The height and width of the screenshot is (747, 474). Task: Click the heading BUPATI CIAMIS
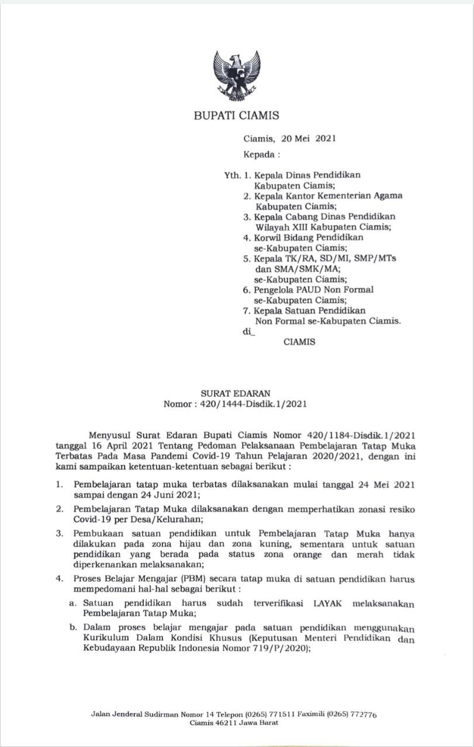pyautogui.click(x=236, y=116)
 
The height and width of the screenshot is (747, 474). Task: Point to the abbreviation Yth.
pyautogui.click(x=232, y=174)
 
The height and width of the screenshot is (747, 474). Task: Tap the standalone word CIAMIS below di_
pyautogui.click(x=299, y=342)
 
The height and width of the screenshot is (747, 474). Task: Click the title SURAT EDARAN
pyautogui.click(x=237, y=394)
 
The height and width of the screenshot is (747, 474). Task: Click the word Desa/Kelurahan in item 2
pyautogui.click(x=158, y=519)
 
